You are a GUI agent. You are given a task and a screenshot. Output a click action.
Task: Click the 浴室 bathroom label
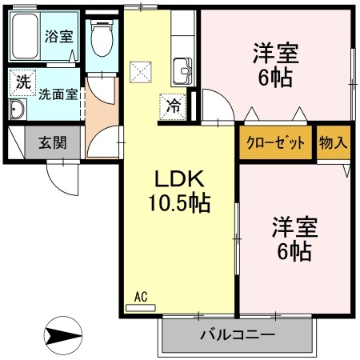pyautogui.click(x=58, y=36)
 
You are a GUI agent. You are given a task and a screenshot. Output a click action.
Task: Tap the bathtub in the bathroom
pyautogui.click(x=26, y=36)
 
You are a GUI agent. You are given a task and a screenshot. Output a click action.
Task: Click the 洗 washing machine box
pyautogui.click(x=23, y=81)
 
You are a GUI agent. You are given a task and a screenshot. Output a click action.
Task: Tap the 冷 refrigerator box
pyautogui.click(x=172, y=103)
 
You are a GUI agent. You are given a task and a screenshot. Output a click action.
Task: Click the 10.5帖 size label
pyautogui.click(x=178, y=204)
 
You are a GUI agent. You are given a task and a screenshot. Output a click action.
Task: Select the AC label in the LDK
pyautogui.click(x=141, y=297)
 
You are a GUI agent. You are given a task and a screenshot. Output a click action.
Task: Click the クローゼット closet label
pyautogui.click(x=275, y=143)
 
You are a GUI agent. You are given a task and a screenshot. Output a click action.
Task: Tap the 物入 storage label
pyautogui.click(x=333, y=143)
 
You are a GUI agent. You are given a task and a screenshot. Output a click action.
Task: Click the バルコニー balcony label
pyautogui.click(x=238, y=334)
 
